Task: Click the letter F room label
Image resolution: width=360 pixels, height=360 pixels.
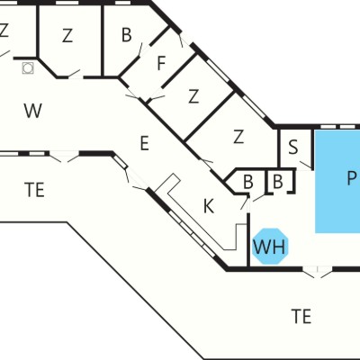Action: click(x=161, y=63)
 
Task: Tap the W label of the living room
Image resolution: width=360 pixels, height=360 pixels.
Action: click(x=32, y=111)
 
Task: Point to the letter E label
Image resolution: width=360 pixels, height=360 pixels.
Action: click(x=145, y=143)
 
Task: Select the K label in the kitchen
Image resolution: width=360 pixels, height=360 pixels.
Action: click(x=209, y=206)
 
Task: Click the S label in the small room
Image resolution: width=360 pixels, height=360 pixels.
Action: click(x=293, y=148)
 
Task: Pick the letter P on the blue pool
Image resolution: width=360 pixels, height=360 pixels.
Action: click(x=351, y=178)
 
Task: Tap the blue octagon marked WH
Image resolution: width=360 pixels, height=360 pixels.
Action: click(x=270, y=247)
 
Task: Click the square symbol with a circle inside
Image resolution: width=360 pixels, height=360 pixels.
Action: click(x=28, y=68)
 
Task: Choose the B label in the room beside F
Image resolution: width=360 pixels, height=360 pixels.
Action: click(x=127, y=34)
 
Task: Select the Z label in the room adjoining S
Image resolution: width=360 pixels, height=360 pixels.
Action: click(x=238, y=137)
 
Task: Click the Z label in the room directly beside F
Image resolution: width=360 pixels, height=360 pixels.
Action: click(x=193, y=96)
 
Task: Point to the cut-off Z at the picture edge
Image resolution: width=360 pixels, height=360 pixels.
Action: click(x=4, y=30)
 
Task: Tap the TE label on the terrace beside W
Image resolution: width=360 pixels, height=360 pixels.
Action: click(x=35, y=190)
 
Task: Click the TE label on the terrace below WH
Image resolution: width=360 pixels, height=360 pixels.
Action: click(x=301, y=316)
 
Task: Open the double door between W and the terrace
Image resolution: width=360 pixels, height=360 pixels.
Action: click(x=64, y=157)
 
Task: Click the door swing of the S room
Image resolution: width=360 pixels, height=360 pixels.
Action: click(x=305, y=166)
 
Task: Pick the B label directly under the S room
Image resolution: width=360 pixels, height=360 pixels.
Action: click(x=278, y=182)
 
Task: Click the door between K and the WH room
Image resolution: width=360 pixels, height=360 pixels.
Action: click(x=246, y=203)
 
